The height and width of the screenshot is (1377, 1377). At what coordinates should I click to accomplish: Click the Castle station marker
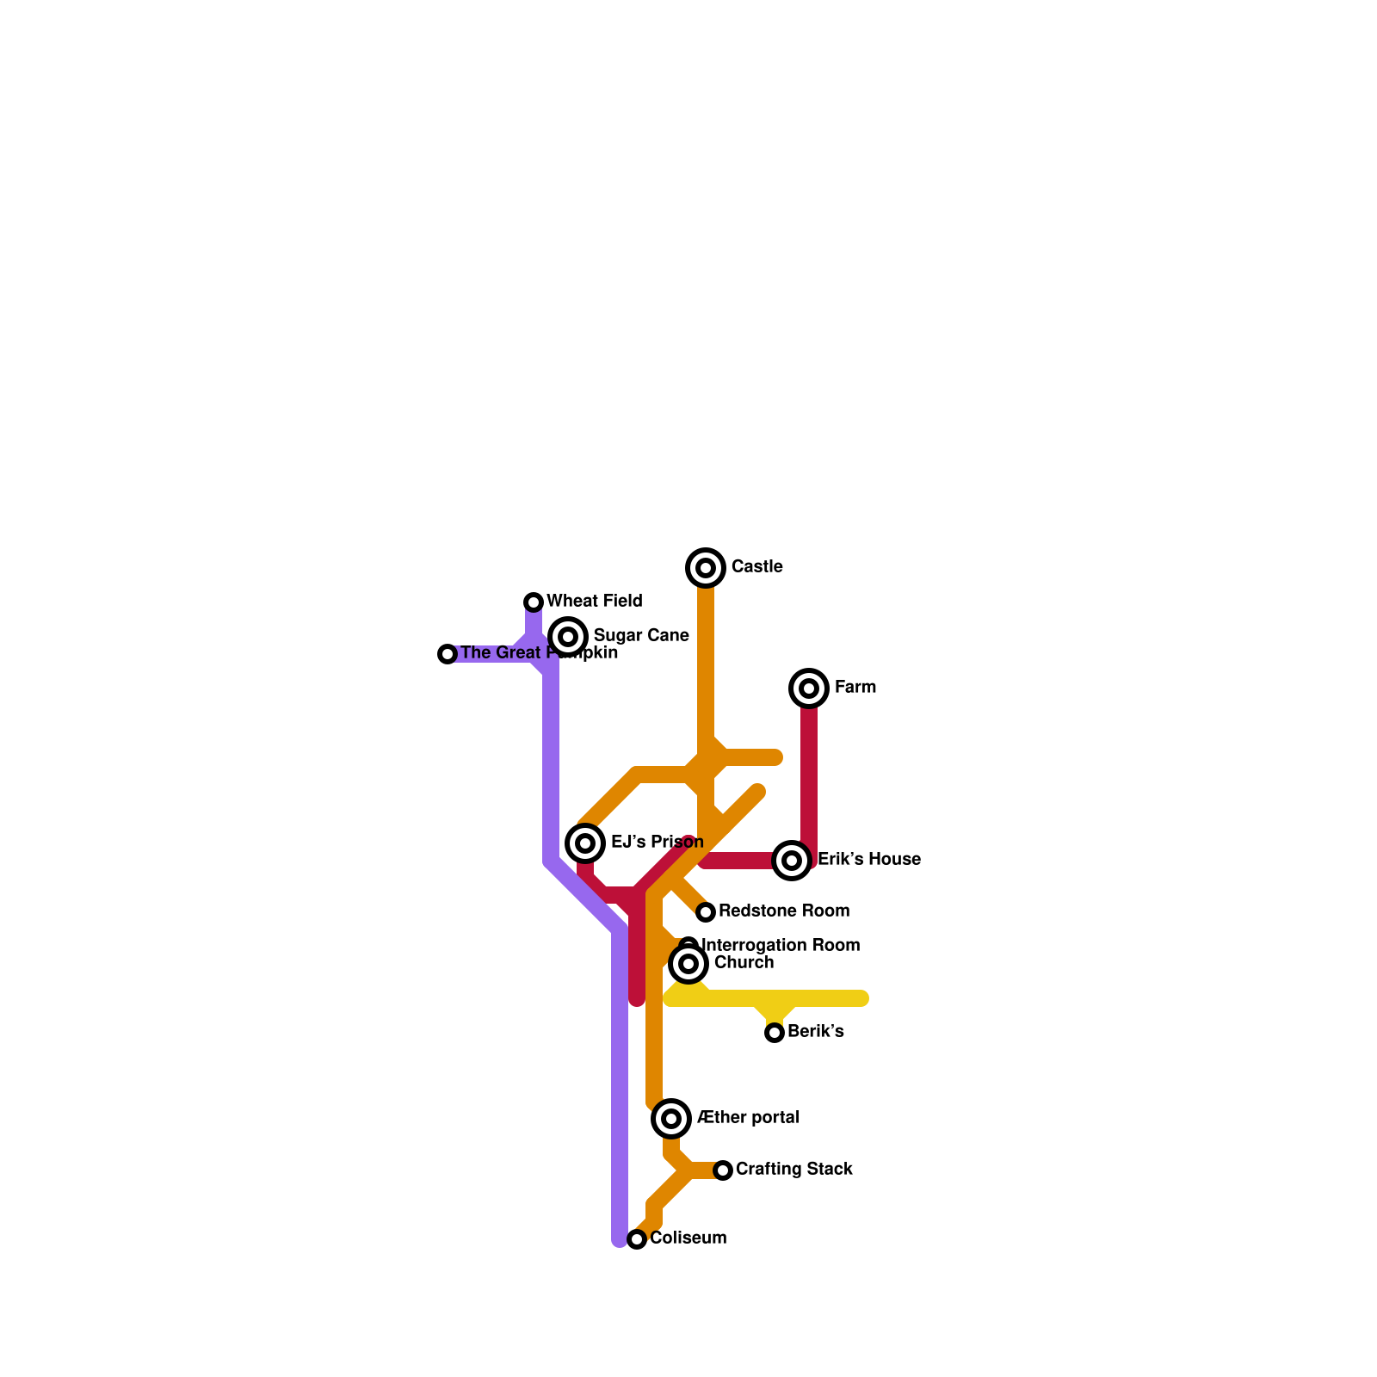tap(706, 568)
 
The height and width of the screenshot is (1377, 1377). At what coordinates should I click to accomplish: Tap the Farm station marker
tap(809, 688)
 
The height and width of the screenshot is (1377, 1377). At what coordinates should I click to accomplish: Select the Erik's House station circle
tap(792, 861)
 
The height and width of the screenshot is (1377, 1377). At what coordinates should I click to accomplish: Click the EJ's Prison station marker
tap(585, 843)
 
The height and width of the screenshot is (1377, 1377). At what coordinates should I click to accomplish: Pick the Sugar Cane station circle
tap(568, 637)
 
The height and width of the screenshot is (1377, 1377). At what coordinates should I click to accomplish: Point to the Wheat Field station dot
tap(534, 602)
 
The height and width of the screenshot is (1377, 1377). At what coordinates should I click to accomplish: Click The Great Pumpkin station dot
tap(448, 654)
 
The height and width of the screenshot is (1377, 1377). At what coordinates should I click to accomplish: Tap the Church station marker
tap(688, 964)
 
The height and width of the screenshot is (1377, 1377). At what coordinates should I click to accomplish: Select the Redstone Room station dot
tap(706, 912)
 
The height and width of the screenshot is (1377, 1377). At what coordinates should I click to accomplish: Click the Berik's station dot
tap(775, 1033)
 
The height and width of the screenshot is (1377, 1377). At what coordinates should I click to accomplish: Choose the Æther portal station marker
tap(671, 1119)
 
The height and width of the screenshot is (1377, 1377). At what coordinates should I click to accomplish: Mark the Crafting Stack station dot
tap(723, 1170)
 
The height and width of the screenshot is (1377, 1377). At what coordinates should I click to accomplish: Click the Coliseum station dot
tap(637, 1239)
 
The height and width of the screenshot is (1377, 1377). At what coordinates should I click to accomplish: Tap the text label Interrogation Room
tap(781, 945)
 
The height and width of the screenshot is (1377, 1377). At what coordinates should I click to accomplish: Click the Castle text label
tap(756, 566)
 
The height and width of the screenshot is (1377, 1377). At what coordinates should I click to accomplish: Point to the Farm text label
tap(855, 687)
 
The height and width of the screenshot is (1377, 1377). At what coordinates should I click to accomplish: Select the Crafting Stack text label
tap(793, 1169)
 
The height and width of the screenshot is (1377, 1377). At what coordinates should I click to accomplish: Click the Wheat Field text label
tap(594, 601)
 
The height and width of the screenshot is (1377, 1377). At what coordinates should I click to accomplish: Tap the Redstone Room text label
tap(783, 911)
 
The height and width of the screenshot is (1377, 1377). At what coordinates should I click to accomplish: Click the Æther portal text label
tap(748, 1117)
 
